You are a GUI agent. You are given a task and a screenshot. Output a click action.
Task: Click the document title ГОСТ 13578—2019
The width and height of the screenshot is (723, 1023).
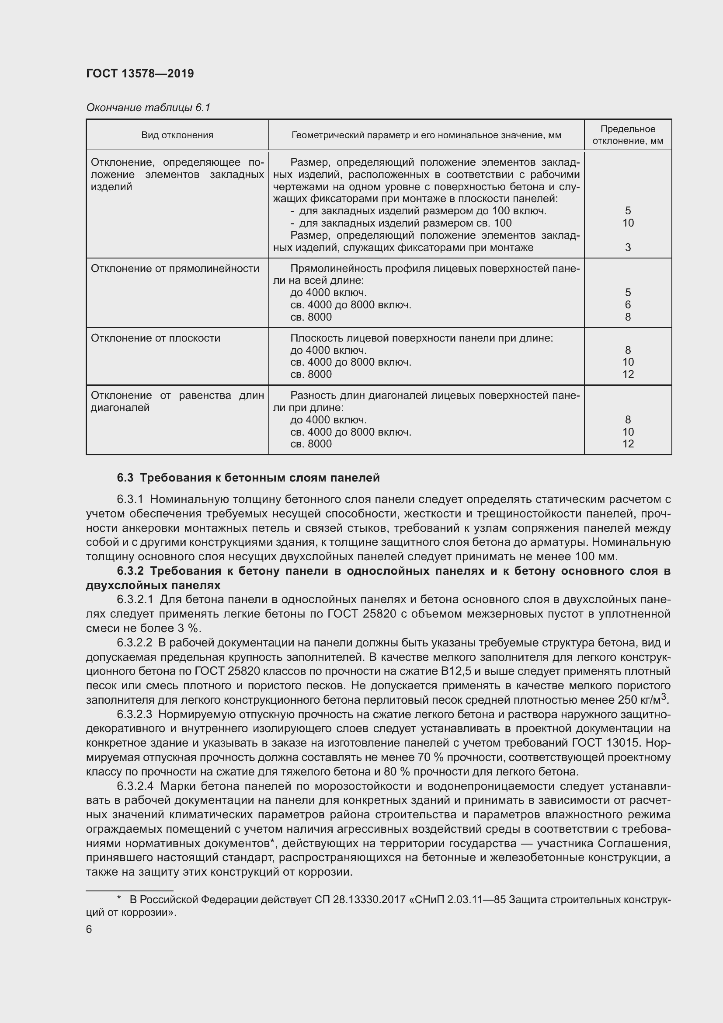tap(140, 73)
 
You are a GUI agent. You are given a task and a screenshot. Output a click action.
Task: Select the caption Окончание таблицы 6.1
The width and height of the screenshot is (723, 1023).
tap(148, 108)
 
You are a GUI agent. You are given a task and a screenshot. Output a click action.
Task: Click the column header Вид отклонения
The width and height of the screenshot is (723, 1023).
tap(177, 135)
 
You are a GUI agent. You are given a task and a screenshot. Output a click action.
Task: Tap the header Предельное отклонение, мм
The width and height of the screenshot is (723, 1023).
tap(627, 135)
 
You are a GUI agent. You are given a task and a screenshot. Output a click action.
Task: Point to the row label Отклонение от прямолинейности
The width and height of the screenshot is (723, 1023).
tap(175, 269)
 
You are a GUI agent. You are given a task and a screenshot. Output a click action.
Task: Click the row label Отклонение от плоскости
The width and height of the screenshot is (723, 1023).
tap(155, 338)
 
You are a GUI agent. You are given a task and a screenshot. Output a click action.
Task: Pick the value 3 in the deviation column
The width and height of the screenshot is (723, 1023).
tap(628, 247)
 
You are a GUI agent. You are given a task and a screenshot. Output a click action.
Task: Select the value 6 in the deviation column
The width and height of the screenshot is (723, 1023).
tap(628, 305)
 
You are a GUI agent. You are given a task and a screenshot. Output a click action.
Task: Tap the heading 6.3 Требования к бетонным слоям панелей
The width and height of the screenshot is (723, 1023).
tap(248, 478)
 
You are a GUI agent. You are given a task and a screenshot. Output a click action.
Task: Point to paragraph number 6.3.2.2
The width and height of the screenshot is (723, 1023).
tap(135, 643)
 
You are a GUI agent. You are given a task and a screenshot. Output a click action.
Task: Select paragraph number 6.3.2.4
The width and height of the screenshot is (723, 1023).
tap(135, 786)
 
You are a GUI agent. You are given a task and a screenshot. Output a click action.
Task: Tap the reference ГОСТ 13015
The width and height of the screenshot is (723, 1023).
tap(613, 743)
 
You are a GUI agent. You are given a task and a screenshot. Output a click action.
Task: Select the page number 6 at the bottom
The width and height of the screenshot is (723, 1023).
tap(89, 929)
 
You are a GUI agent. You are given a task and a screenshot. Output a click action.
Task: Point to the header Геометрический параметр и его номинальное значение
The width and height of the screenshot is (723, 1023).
tap(426, 135)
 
